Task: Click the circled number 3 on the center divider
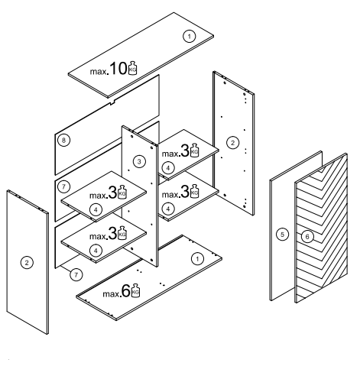(139, 161)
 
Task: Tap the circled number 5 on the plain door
(282, 235)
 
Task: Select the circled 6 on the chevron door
(307, 237)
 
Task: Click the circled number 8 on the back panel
(63, 140)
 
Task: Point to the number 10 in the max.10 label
(118, 69)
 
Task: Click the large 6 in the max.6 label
(126, 291)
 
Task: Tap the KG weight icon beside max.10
(132, 68)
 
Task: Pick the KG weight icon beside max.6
(135, 290)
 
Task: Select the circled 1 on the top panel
(189, 37)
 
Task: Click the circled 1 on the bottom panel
(197, 259)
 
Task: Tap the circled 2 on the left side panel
(27, 263)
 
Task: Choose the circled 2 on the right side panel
(232, 143)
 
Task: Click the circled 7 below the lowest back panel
(76, 275)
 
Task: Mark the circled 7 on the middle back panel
(63, 186)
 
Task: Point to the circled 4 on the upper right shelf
(168, 168)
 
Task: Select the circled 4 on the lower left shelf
(96, 251)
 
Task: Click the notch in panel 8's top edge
(112, 102)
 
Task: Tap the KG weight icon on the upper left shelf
(122, 192)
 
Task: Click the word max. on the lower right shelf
(171, 195)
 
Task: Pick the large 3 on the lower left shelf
(112, 234)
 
